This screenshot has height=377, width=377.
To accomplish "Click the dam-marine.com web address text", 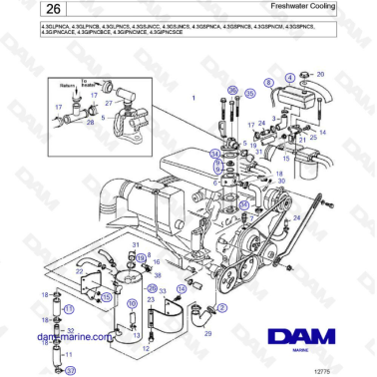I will tap(75, 338).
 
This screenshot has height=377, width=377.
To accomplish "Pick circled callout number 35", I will tap(250, 92).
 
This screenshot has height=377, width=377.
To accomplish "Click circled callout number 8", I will tap(268, 83).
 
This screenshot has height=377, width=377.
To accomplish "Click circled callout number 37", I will tap(69, 370).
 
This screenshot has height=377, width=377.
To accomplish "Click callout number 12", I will tap(146, 349).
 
